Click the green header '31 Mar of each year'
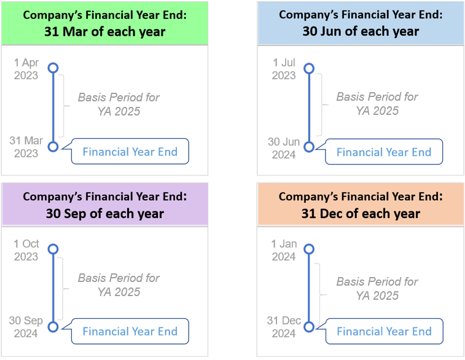104,31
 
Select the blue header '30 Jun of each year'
361,31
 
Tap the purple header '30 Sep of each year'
104,213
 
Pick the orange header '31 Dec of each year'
361,213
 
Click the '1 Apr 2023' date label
26,69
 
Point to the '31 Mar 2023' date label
26,147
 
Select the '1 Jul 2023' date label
284,69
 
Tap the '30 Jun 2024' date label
284,148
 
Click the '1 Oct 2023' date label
26,250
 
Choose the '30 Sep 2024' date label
26,327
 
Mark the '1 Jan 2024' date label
284,250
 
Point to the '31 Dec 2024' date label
284,327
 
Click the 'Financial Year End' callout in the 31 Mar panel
130,152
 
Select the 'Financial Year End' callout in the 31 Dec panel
384,331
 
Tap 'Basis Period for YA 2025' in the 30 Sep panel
119,285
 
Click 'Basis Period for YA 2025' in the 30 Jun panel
377,104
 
